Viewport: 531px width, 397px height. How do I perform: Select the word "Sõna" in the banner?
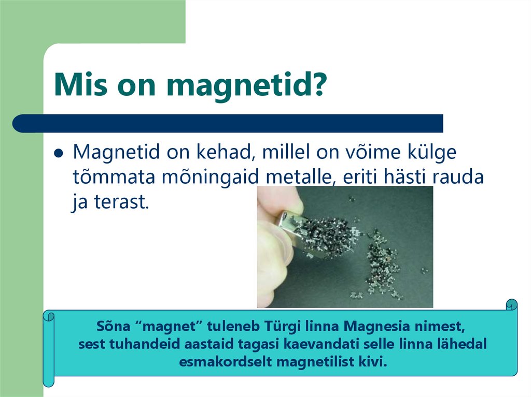point(111,327)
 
